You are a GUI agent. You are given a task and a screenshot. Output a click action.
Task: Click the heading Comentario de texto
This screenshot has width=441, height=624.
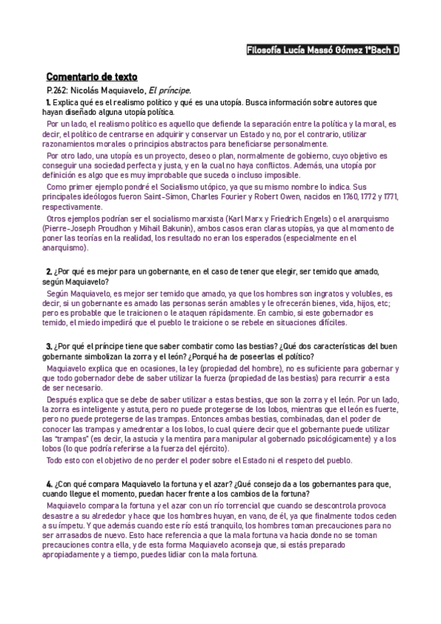click(91, 77)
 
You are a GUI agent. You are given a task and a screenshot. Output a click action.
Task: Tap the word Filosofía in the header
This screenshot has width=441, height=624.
click(267, 50)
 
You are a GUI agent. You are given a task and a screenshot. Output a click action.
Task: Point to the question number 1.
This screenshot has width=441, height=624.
click(48, 101)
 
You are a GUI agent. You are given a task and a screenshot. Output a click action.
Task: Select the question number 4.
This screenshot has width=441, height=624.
click(49, 483)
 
